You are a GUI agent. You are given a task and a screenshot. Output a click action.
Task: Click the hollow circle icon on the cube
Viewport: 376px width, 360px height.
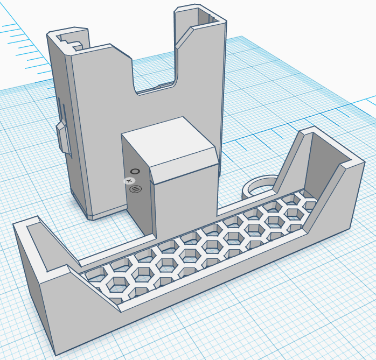point(135,172)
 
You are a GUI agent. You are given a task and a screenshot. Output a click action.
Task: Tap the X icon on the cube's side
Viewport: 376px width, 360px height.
point(129,181)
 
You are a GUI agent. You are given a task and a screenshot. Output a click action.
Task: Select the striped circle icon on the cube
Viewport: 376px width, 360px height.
point(135,189)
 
